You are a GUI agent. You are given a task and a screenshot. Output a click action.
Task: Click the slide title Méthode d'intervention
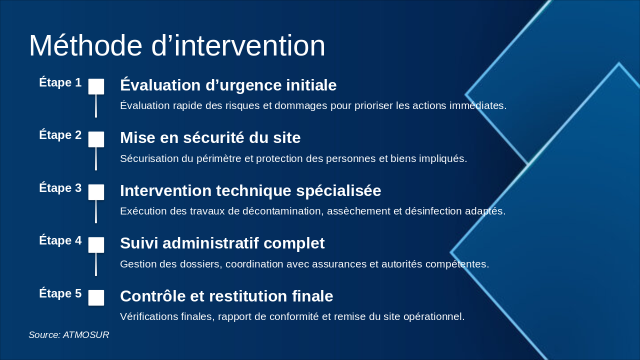tap(177, 46)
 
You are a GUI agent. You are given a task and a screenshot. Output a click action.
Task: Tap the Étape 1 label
tap(60, 82)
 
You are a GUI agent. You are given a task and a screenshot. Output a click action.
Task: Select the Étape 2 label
tap(60, 135)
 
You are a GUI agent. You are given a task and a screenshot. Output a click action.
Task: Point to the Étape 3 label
tap(60, 188)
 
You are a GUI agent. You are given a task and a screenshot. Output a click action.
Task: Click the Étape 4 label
tap(60, 240)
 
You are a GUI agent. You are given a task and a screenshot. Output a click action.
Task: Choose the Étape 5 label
tap(60, 293)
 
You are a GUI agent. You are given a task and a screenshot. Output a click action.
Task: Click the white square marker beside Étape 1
tap(96, 86)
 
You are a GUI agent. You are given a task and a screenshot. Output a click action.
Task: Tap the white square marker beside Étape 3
tap(96, 192)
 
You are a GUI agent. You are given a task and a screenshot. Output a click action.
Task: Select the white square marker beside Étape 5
tap(96, 297)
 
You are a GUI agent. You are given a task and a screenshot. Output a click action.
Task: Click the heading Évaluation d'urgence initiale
tap(228, 85)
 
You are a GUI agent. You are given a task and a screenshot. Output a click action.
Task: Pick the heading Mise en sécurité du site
tap(210, 138)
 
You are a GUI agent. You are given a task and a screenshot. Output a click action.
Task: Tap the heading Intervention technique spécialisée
tap(250, 191)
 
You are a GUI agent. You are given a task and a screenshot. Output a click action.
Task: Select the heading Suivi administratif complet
tap(222, 243)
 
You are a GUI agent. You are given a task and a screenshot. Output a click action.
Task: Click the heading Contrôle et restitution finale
tap(226, 296)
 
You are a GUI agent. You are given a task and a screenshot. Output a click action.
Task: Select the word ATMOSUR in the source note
tap(86, 335)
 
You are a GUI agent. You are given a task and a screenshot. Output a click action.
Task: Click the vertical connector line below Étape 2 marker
tap(96, 159)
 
